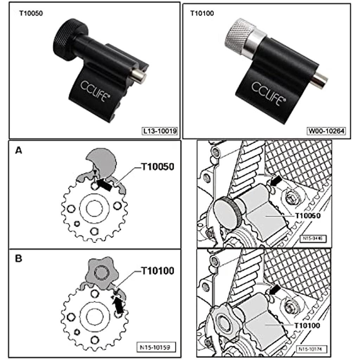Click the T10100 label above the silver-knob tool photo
[x=202, y=14]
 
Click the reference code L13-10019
[x=160, y=131]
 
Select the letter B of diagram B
[x=18, y=259]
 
